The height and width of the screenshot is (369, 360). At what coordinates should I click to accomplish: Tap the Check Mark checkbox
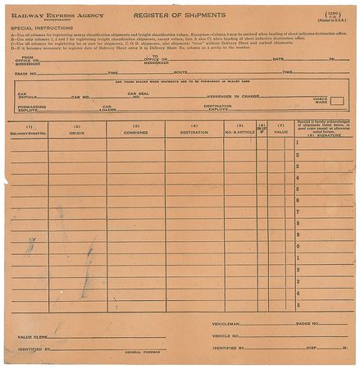click(336, 101)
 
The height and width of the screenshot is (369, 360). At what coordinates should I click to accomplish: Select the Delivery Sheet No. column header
click(29, 132)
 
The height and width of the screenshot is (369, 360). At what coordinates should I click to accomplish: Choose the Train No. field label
click(27, 72)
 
